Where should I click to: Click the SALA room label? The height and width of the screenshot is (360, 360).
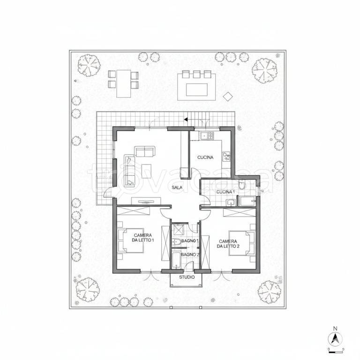coord(177,187)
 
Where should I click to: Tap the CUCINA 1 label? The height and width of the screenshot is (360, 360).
coord(225,192)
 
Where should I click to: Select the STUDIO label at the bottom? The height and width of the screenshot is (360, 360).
coord(186,277)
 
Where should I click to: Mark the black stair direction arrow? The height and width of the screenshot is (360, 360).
coord(186,120)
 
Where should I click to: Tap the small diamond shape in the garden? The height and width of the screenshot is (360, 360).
coord(228,96)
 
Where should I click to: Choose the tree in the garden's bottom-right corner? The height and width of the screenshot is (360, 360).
coord(266,289)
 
